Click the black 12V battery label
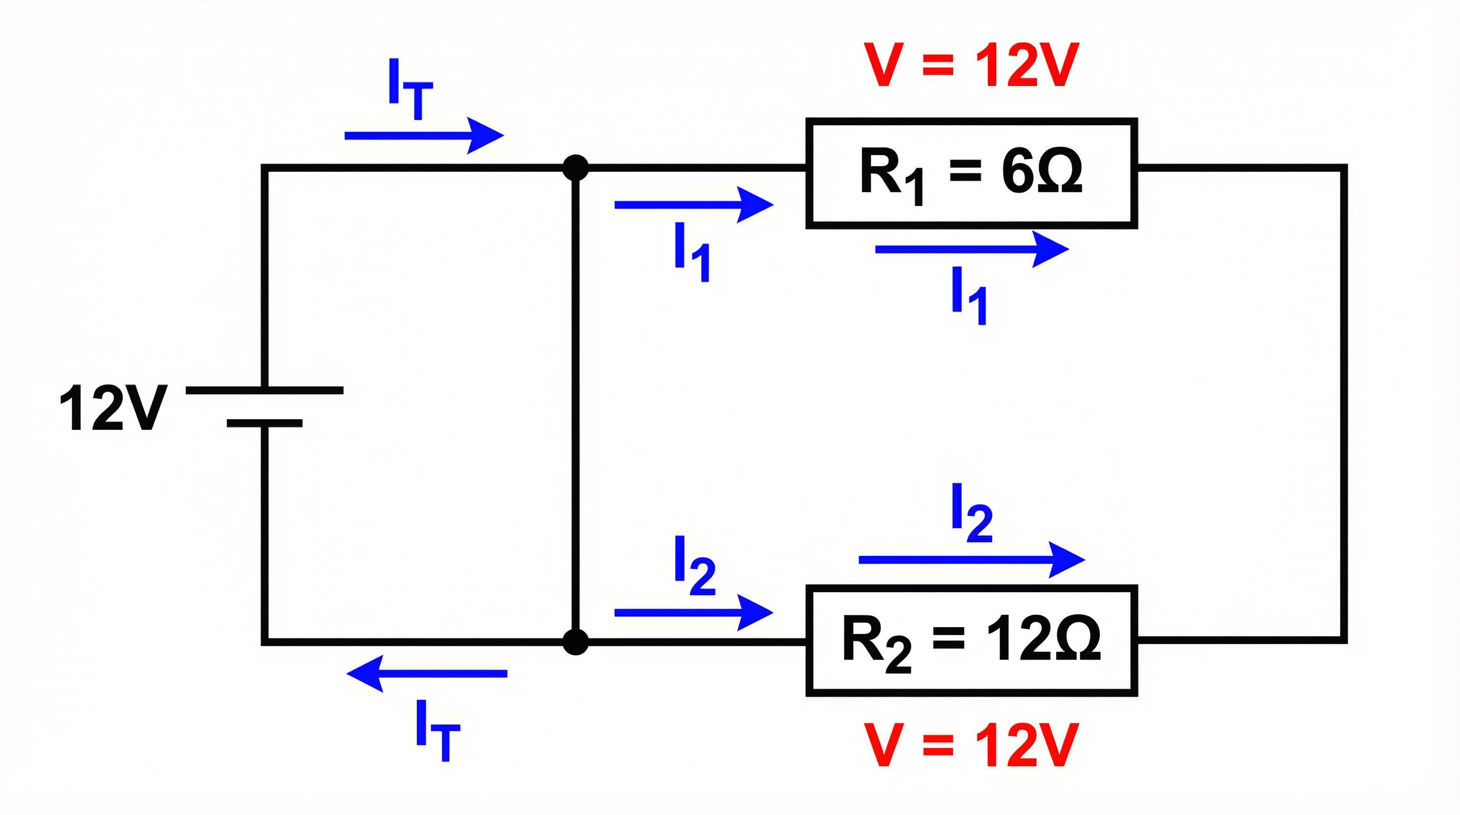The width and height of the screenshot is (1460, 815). (x=114, y=408)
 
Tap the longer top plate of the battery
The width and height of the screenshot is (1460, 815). (x=264, y=390)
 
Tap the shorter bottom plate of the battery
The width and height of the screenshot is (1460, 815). (x=264, y=423)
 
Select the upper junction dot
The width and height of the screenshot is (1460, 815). (x=575, y=168)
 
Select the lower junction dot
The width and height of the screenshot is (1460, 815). (x=575, y=642)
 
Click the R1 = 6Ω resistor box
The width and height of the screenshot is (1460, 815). (x=971, y=173)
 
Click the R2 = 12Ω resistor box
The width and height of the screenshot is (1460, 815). (x=971, y=640)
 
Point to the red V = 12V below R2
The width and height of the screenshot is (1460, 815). (x=970, y=745)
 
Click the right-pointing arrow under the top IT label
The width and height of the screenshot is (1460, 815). (x=424, y=135)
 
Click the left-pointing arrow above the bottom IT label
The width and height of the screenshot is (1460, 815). (x=426, y=673)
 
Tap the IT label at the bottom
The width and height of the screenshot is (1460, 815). (x=437, y=730)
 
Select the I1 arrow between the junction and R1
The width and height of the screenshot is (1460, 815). (x=694, y=205)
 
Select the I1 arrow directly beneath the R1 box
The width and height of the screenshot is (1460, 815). (x=971, y=249)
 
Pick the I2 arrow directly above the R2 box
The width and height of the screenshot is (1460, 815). (x=971, y=560)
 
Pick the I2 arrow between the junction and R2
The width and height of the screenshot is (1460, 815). (x=694, y=612)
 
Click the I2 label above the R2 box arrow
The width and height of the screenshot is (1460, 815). (x=971, y=513)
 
